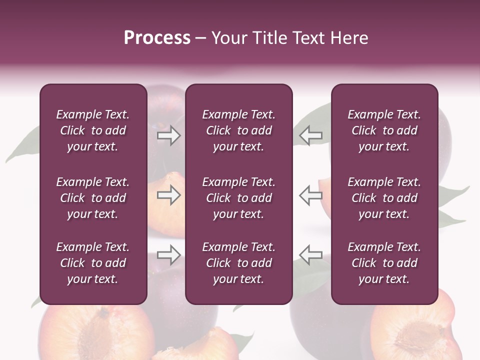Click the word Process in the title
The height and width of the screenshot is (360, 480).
tap(157, 38)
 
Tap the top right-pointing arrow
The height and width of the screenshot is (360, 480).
tap(169, 135)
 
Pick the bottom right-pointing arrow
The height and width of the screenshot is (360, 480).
tap(169, 255)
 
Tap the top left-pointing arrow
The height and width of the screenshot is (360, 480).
tap(310, 135)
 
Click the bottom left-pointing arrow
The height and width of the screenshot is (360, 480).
tap(310, 255)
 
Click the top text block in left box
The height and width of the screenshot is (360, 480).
tap(93, 130)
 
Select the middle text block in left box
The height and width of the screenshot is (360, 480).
tap(93, 198)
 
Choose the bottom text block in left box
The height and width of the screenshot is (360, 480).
tap(93, 263)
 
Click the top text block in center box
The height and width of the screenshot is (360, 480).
tap(238, 130)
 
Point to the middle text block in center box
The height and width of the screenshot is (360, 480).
tap(238, 198)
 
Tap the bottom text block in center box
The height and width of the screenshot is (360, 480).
tap(238, 263)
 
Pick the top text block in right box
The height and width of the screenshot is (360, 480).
tap(384, 130)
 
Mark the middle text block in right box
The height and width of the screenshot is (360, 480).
tap(384, 198)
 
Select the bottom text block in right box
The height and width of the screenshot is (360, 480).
tap(384, 263)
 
